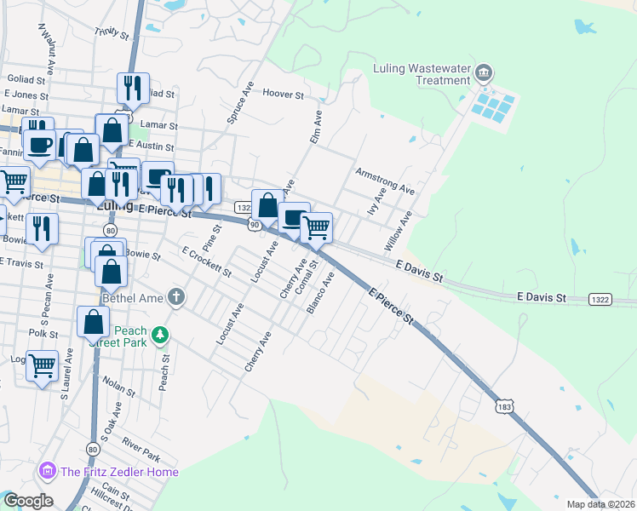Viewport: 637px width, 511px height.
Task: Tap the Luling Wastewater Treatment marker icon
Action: [x=485, y=72]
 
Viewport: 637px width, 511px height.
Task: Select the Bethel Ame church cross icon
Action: [x=176, y=297]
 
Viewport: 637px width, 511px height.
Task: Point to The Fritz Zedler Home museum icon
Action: [x=47, y=471]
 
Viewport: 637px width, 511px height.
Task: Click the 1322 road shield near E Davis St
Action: [x=600, y=299]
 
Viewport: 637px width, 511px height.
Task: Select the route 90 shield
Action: [x=254, y=224]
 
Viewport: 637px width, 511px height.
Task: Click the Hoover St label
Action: [x=284, y=94]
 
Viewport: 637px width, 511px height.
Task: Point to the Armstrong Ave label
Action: [x=384, y=180]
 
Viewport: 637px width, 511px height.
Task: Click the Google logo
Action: [x=27, y=501]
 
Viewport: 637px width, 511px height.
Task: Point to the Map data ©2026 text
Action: [x=600, y=504]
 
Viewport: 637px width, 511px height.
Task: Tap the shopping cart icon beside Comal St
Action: [x=316, y=227]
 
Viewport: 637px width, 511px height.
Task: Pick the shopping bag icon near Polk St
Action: [x=93, y=322]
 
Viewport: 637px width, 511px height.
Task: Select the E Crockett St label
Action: [x=207, y=261]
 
